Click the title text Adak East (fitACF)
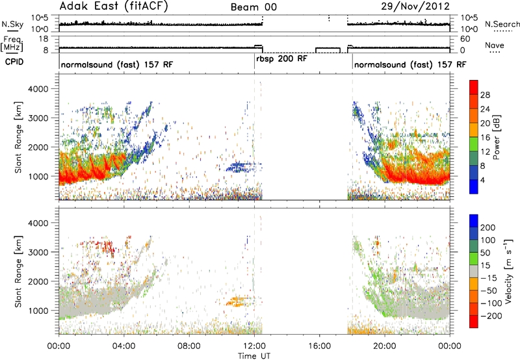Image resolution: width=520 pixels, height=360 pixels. click(114, 6)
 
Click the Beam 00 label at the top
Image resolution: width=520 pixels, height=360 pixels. click(253, 7)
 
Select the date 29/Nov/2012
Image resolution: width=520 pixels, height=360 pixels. click(415, 6)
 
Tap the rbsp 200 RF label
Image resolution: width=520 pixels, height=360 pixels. click(281, 59)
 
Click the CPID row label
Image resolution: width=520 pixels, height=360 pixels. click(14, 62)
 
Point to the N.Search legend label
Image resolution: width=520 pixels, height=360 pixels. click(502, 24)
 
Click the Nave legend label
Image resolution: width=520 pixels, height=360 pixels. click(495, 45)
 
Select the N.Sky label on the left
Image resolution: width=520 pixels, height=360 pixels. click(12, 24)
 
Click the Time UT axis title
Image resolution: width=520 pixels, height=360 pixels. click(254, 356)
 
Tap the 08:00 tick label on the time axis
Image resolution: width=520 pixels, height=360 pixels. click(189, 346)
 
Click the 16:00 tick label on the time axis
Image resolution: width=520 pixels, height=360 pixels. click(319, 346)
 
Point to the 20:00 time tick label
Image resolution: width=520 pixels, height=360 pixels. click(385, 346)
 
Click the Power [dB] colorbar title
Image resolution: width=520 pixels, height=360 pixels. click(496, 137)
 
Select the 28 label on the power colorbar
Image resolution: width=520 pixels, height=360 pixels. click(485, 95)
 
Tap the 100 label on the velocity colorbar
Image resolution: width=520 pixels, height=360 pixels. click(487, 240)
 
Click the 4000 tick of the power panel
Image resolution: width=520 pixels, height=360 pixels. click(38, 89)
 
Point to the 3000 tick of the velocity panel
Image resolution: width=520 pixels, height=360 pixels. click(38, 252)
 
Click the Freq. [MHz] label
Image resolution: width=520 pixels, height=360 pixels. click(12, 43)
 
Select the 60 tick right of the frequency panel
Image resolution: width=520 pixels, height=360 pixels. click(465, 39)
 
